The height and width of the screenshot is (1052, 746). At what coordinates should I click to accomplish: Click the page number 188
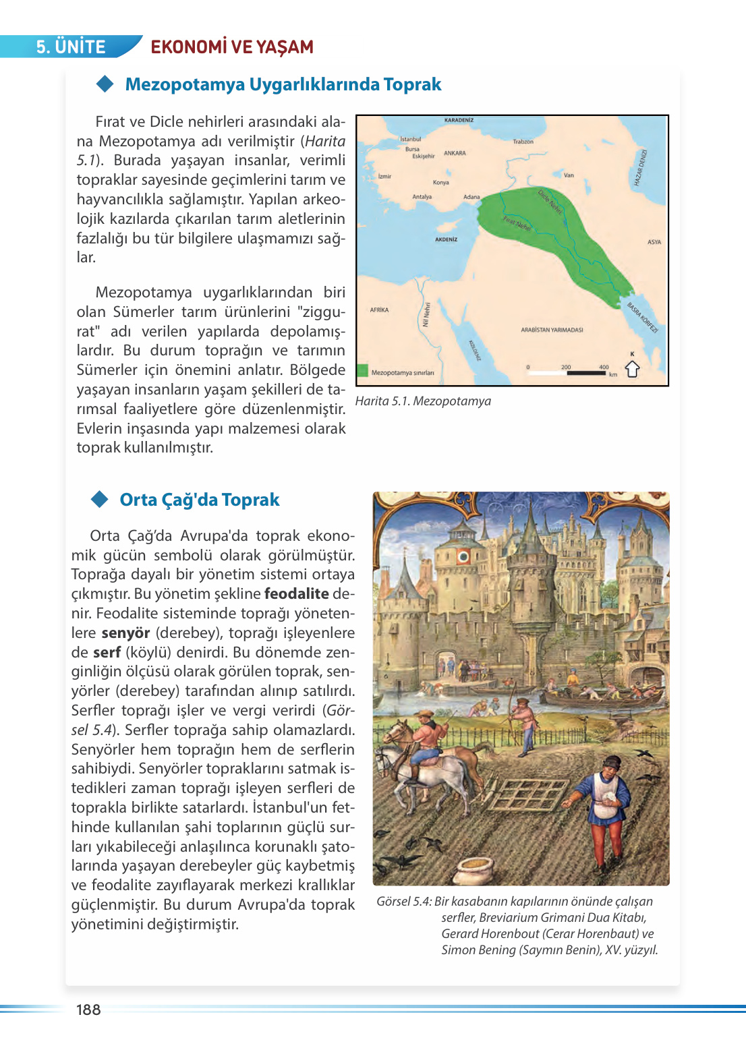click(x=88, y=1010)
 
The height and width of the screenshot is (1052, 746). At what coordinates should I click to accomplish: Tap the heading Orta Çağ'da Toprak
click(x=199, y=500)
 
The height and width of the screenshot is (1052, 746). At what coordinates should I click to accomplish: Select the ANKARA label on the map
click(x=455, y=153)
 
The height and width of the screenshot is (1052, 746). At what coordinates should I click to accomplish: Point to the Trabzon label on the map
click(x=523, y=142)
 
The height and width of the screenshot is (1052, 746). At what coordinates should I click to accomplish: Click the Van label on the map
click(x=569, y=175)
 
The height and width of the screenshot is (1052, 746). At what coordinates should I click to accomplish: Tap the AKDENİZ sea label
click(x=446, y=239)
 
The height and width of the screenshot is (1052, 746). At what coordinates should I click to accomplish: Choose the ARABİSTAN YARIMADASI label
click(x=552, y=330)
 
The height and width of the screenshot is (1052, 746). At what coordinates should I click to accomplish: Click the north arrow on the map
click(x=632, y=369)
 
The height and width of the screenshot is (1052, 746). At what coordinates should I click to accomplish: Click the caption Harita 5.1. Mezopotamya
click(x=423, y=401)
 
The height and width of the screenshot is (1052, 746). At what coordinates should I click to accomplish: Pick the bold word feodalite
click(x=296, y=594)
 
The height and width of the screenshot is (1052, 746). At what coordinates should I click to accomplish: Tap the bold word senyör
click(x=125, y=633)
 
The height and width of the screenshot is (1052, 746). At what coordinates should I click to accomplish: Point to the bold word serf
click(x=107, y=653)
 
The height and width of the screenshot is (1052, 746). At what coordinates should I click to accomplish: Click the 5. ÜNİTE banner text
click(x=71, y=47)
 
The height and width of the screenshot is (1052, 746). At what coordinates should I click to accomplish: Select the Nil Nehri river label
click(x=426, y=314)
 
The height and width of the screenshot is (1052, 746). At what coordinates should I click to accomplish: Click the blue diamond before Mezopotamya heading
click(x=105, y=84)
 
